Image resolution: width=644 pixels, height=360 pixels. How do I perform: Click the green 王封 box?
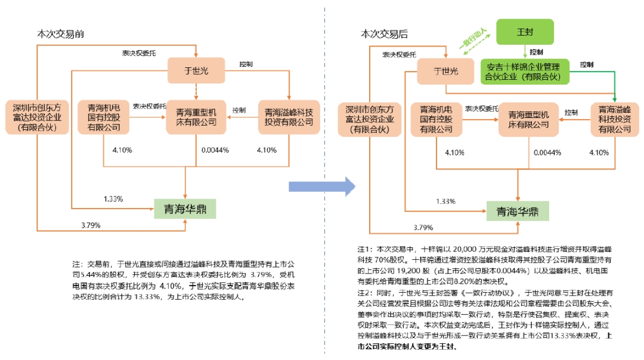coord(525,31)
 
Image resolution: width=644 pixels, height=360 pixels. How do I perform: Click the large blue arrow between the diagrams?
coord(322,187)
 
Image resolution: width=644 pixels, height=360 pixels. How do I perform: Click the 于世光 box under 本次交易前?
coord(196,72)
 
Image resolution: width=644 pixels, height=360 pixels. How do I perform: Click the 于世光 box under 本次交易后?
coord(445,72)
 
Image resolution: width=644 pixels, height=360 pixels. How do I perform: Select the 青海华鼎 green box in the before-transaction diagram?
coord(185,209)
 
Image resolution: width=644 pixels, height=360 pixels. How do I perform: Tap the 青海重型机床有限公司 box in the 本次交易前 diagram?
coord(196,117)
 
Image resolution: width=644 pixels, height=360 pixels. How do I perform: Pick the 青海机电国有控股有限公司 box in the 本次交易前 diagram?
coord(104,117)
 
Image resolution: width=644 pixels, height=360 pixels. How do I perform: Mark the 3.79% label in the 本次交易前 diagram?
coord(91,225)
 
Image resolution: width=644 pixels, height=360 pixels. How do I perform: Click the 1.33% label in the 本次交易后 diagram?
coord(445,201)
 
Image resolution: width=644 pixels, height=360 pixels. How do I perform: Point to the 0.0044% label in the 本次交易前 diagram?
coord(215,150)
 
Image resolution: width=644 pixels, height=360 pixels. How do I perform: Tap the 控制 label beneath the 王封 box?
coord(536,52)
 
